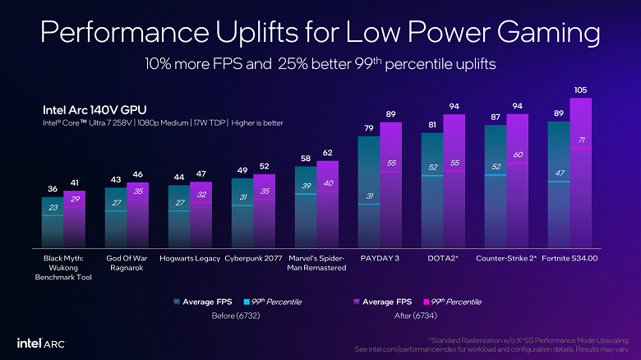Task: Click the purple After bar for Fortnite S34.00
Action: click(x=580, y=173)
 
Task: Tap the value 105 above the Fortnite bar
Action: click(x=580, y=90)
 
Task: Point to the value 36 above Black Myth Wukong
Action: click(x=53, y=189)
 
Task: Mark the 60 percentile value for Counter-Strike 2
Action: click(x=517, y=155)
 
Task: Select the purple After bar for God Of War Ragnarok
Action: click(x=138, y=215)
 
